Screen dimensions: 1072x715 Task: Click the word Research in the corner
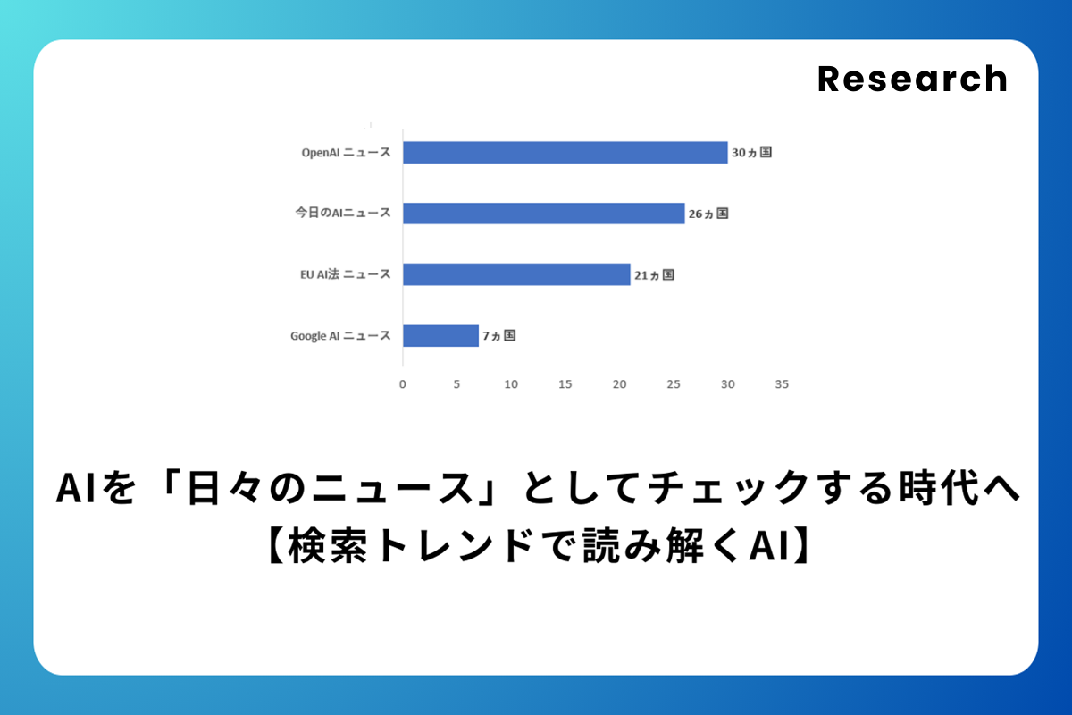point(912,79)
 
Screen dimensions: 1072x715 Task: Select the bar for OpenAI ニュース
point(565,152)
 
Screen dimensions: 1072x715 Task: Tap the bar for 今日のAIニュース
point(544,213)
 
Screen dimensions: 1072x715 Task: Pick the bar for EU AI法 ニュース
point(516,274)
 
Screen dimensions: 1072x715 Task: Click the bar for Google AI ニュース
point(440,336)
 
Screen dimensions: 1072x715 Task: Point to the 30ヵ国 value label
point(752,152)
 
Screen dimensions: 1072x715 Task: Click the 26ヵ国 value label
point(708,214)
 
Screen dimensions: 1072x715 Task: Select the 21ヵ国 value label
point(654,275)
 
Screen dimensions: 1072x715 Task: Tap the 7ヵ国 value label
point(498,336)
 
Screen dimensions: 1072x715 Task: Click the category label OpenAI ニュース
point(346,152)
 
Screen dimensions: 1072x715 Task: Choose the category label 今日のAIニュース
point(343,213)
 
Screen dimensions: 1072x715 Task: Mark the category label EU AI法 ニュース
point(346,273)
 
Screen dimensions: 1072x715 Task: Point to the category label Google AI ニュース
point(340,336)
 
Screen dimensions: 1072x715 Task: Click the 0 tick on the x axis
point(403,384)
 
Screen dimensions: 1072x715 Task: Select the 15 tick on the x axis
point(565,384)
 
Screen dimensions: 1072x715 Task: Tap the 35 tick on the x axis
point(782,384)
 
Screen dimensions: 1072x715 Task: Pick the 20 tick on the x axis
point(619,384)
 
